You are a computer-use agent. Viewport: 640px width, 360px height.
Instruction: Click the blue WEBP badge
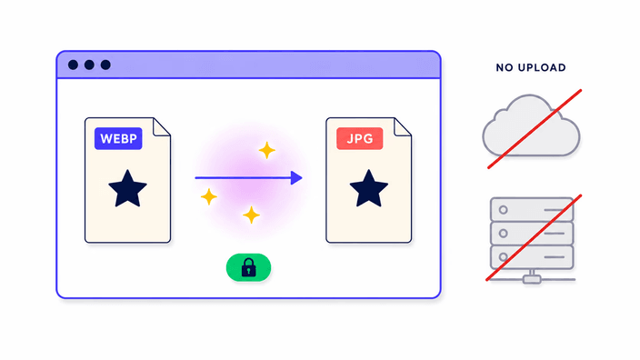pyautogui.click(x=118, y=138)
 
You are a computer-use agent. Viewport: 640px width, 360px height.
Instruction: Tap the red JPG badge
pyautogui.click(x=360, y=138)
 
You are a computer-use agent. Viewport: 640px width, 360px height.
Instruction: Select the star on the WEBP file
pyautogui.click(x=127, y=189)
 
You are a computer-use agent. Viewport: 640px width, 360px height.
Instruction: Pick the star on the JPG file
pyautogui.click(x=368, y=189)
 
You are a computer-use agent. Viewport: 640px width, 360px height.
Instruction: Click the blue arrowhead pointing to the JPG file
pyautogui.click(x=296, y=178)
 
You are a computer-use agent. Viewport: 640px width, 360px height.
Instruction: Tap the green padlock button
pyautogui.click(x=248, y=268)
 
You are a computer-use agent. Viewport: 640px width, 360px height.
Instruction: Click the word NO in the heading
pyautogui.click(x=504, y=68)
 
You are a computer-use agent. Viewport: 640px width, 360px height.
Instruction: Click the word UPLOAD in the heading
pyautogui.click(x=542, y=68)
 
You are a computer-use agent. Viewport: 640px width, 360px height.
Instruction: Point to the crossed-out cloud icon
pyautogui.click(x=531, y=125)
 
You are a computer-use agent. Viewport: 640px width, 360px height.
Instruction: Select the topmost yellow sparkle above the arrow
pyautogui.click(x=267, y=151)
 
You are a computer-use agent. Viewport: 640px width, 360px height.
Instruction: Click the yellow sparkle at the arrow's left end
pyautogui.click(x=209, y=196)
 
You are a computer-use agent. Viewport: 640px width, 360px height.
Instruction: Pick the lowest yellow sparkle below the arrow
pyautogui.click(x=251, y=215)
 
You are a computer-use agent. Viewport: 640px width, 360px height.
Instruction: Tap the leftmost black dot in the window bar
pyautogui.click(x=73, y=65)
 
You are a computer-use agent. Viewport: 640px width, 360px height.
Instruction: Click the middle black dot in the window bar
pyautogui.click(x=89, y=65)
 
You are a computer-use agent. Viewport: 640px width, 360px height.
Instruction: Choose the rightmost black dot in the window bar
pyautogui.click(x=105, y=65)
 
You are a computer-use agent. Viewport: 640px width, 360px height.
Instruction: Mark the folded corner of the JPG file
pyautogui.click(x=402, y=127)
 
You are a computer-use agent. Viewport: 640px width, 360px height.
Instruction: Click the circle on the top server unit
pyautogui.click(x=504, y=210)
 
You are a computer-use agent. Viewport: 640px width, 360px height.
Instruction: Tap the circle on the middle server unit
pyautogui.click(x=504, y=234)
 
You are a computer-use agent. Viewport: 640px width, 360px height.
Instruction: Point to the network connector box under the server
pyautogui.click(x=532, y=280)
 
